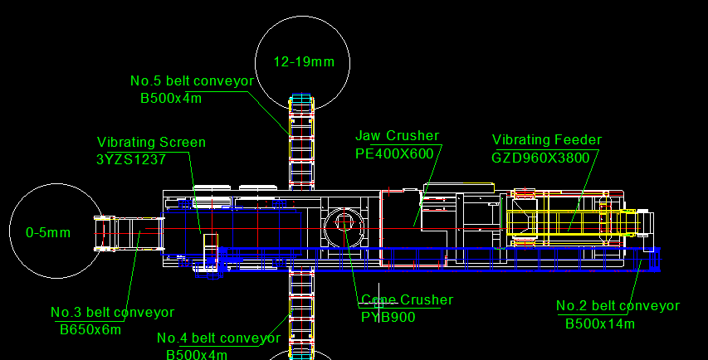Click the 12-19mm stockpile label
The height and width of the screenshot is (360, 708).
point(304,62)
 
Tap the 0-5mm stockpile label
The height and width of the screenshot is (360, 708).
point(48,233)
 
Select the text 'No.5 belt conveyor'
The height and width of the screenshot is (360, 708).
point(192,80)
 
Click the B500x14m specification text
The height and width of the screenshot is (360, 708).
point(600,324)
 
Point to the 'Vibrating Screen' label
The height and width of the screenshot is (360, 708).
point(151,142)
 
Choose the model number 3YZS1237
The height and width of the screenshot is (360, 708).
point(131,159)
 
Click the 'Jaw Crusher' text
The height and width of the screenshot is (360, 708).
point(397,136)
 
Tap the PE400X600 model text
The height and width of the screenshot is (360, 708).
point(394,153)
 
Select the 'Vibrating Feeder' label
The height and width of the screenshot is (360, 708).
point(547,140)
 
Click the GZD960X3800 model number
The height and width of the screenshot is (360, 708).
point(540,158)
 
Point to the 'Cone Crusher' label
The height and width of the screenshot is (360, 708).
point(408,300)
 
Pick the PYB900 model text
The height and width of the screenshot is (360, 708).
point(388,317)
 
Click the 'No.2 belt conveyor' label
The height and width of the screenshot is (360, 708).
point(618,306)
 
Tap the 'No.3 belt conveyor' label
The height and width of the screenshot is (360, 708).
point(112,312)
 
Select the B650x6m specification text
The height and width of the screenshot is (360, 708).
point(90,330)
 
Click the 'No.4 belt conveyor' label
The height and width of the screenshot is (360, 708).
point(218,338)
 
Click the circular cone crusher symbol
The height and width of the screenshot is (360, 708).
point(344,228)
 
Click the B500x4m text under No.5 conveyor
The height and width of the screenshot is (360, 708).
point(171,99)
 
